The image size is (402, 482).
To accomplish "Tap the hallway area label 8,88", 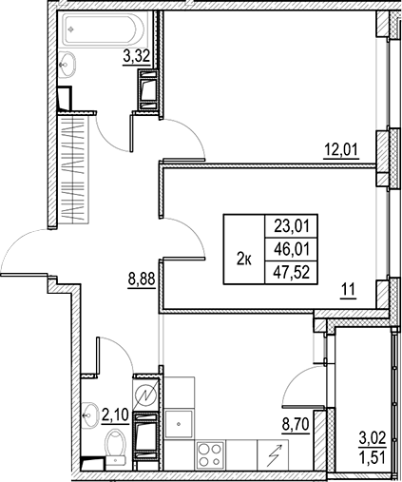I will tap(142, 281).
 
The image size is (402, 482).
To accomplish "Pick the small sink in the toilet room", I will tap(88, 414).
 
